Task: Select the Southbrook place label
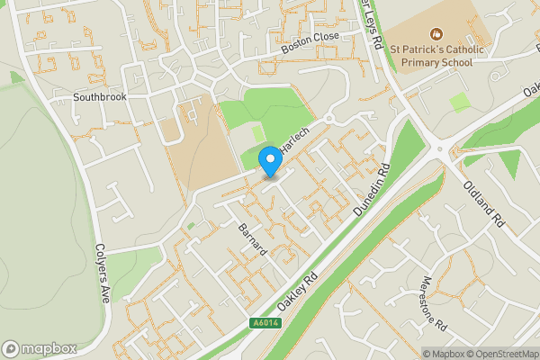tap(101, 96)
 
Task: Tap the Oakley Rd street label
tap(299, 292)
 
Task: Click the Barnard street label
tap(253, 238)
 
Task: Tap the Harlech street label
tap(293, 139)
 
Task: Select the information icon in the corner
tap(416, 354)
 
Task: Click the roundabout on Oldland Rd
tap(439, 149)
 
